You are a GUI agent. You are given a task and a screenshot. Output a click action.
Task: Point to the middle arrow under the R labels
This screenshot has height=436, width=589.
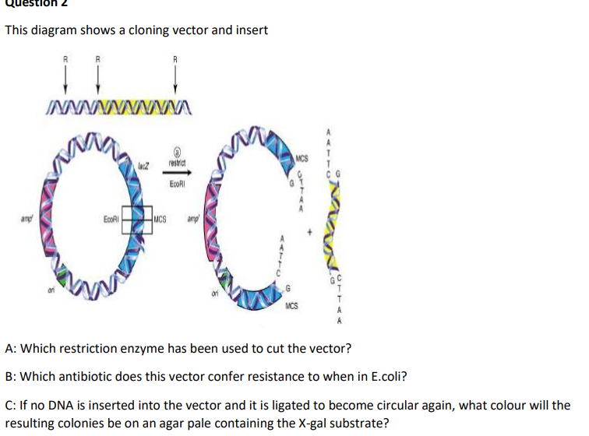(x=97, y=76)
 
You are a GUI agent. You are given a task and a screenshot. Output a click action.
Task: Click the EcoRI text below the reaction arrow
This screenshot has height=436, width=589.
(x=177, y=185)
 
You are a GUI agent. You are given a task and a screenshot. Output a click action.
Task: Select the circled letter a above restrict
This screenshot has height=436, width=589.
(x=176, y=153)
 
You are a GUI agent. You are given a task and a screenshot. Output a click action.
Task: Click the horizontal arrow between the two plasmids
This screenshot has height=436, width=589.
(x=176, y=174)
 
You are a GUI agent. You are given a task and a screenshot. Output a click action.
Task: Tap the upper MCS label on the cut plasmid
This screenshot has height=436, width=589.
(x=302, y=160)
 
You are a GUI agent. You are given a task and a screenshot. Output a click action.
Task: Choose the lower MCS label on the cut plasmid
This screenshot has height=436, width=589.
(x=294, y=297)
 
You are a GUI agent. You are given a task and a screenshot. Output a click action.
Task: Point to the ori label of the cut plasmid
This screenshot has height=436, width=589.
(x=213, y=294)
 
